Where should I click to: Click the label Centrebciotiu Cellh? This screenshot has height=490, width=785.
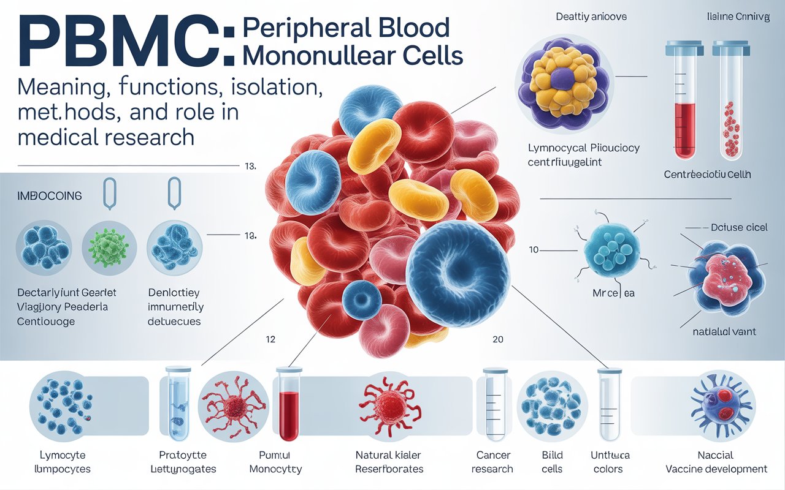(708, 175)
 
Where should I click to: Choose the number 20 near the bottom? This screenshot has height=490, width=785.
(498, 339)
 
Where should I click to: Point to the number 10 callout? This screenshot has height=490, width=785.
(534, 249)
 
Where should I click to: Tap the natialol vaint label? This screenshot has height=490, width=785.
(723, 331)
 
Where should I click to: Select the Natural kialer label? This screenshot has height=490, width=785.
(389, 456)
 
